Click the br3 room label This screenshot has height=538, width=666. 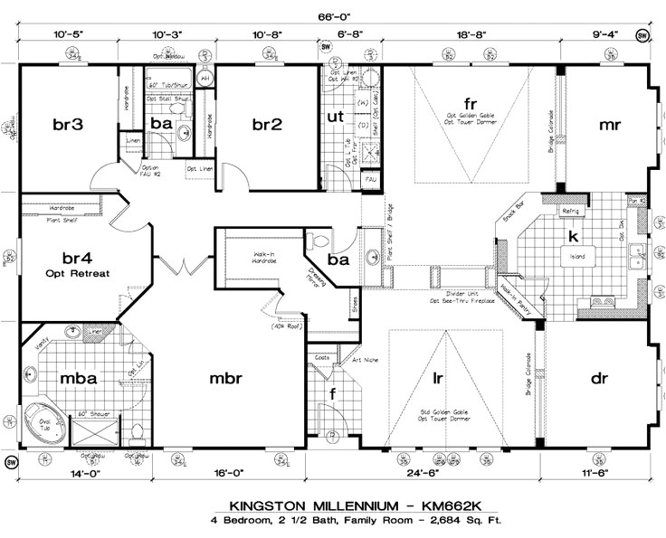(x=68, y=125)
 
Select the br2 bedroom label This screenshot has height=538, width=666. (x=267, y=125)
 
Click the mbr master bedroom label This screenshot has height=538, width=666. (x=226, y=379)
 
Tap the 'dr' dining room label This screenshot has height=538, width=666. (x=599, y=379)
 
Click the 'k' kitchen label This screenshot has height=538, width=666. (x=572, y=235)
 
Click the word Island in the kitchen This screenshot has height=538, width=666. (x=576, y=257)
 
